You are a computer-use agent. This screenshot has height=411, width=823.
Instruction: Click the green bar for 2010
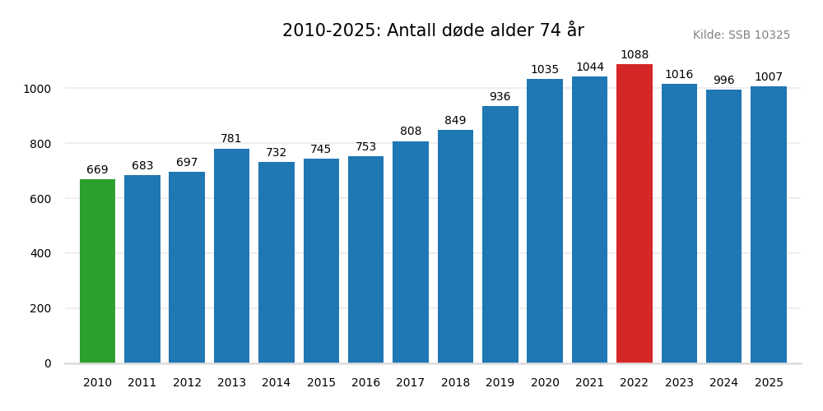click(x=97, y=271)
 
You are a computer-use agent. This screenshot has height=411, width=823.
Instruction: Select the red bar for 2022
click(x=635, y=214)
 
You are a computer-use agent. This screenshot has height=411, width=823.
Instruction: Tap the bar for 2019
click(x=500, y=234)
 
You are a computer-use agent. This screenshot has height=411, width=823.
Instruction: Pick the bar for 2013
click(x=231, y=256)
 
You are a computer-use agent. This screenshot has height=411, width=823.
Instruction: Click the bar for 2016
click(x=365, y=260)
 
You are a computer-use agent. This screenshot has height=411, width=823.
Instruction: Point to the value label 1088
click(x=635, y=55)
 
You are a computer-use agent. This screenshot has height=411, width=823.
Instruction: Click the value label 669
click(x=97, y=170)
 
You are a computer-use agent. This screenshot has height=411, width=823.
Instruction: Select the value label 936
click(x=500, y=97)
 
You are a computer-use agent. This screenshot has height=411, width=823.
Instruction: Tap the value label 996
click(x=723, y=81)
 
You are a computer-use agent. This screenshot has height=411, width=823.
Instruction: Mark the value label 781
click(x=231, y=139)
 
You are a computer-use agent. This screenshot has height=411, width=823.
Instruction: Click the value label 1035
click(x=545, y=70)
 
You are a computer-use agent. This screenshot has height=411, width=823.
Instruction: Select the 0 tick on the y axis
click(x=48, y=363)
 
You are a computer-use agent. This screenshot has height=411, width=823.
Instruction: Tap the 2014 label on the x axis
click(x=277, y=383)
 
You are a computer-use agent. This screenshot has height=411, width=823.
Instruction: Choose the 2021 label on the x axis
click(x=589, y=383)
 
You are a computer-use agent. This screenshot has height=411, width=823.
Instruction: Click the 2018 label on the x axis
click(x=455, y=383)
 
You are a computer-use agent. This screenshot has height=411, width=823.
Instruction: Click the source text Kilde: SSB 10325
click(x=742, y=35)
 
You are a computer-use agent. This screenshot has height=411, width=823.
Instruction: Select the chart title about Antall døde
click(x=433, y=30)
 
